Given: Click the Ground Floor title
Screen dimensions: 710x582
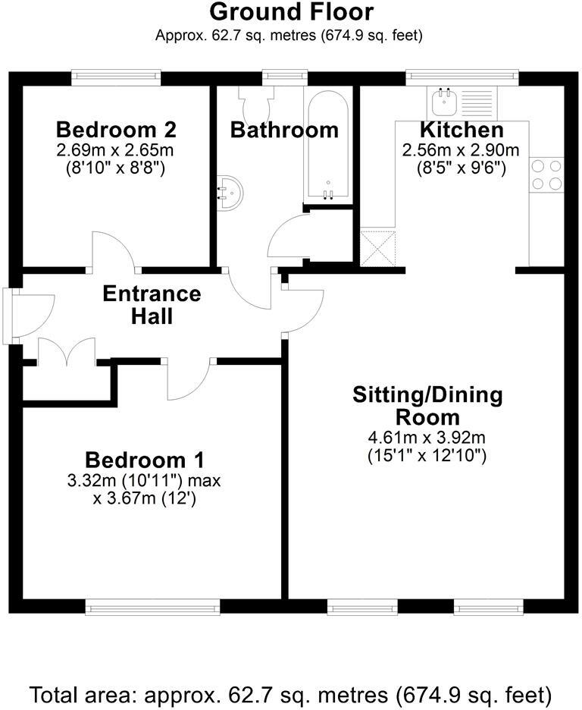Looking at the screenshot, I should (291, 12).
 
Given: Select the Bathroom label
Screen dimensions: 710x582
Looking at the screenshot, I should (284, 130).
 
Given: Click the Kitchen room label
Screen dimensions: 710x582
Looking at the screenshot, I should (462, 130).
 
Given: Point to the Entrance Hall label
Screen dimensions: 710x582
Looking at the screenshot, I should (152, 304).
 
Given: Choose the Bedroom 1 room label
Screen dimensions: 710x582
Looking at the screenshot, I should (145, 460).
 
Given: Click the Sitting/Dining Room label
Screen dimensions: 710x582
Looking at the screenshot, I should (427, 406).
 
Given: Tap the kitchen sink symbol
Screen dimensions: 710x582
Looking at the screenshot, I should (442, 101).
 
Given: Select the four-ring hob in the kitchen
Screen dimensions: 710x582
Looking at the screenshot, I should (546, 174).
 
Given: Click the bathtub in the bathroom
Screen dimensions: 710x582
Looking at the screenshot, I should (327, 144).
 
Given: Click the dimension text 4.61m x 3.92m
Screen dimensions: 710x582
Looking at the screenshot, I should (427, 437).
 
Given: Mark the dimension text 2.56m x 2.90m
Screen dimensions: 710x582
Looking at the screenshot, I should (462, 149).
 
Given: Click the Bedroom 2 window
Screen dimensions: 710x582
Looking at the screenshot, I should (116, 77).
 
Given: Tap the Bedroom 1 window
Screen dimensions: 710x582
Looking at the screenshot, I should (152, 606).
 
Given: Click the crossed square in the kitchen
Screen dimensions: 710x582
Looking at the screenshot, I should (377, 248).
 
